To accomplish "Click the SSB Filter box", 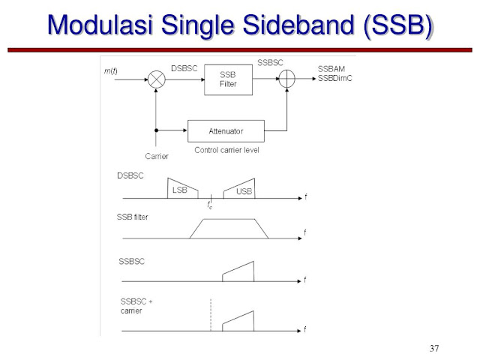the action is coord(228,79).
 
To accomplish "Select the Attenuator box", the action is coord(226,131).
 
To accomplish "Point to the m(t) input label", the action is coord(110,70).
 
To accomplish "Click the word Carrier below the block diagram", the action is coord(157,156).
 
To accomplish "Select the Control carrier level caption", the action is coord(226,150).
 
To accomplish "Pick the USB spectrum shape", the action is coord(241,188).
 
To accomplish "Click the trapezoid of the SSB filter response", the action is coord(229,228).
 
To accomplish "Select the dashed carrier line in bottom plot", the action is coord(211,315).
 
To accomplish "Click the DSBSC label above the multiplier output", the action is coord(183,68).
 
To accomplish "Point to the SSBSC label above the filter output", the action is coord(270,63).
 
